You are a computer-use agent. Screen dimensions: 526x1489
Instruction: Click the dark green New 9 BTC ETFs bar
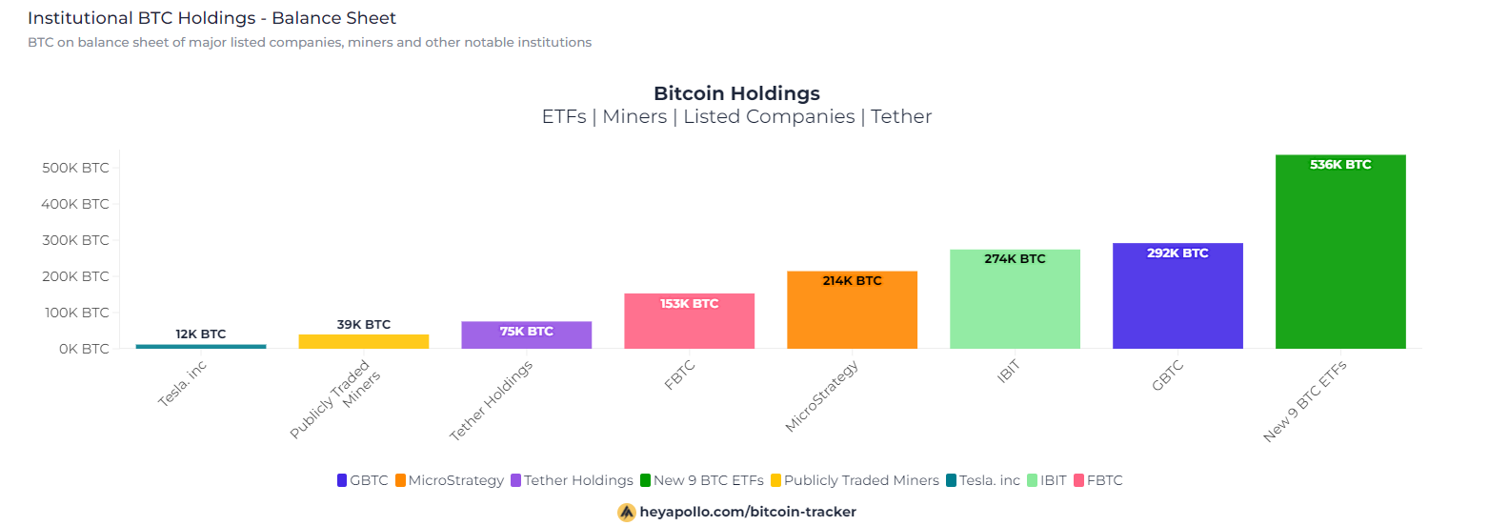(x=1340, y=257)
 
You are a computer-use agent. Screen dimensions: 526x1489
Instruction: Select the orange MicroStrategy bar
(x=852, y=314)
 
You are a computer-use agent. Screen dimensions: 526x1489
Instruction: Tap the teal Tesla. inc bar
(x=201, y=346)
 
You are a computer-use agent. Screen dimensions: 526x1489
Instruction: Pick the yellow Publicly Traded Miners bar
(x=364, y=341)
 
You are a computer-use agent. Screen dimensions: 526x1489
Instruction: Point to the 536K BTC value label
(x=1340, y=165)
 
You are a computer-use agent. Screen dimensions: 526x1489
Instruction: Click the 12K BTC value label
(x=201, y=334)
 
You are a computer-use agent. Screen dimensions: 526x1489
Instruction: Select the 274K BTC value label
(x=1015, y=259)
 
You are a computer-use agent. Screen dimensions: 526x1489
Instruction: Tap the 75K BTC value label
(x=526, y=332)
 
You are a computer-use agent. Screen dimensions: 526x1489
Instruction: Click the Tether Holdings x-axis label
(x=492, y=401)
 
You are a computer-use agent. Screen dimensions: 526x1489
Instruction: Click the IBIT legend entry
(x=1047, y=480)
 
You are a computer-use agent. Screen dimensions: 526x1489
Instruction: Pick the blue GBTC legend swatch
(x=342, y=480)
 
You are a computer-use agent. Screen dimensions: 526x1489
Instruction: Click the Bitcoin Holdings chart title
(x=736, y=93)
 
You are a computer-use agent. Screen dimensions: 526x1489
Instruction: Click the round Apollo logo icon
(x=627, y=512)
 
